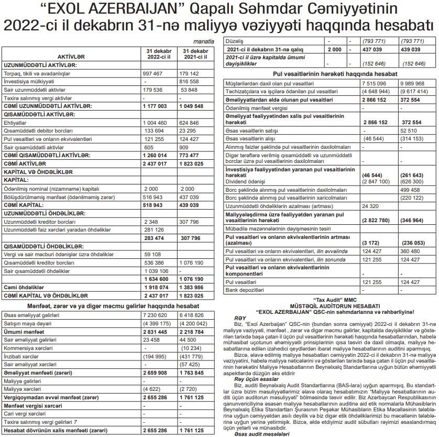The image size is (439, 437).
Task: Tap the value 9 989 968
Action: click(x=412, y=83)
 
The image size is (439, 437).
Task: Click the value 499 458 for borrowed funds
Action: click(x=412, y=191)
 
